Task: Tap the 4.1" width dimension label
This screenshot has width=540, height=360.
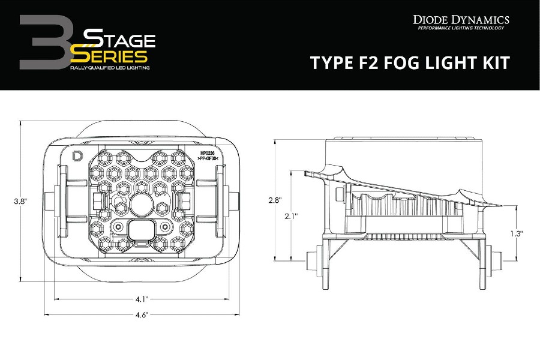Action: tap(142, 298)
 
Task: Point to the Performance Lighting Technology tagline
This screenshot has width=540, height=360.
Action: tap(461, 28)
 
